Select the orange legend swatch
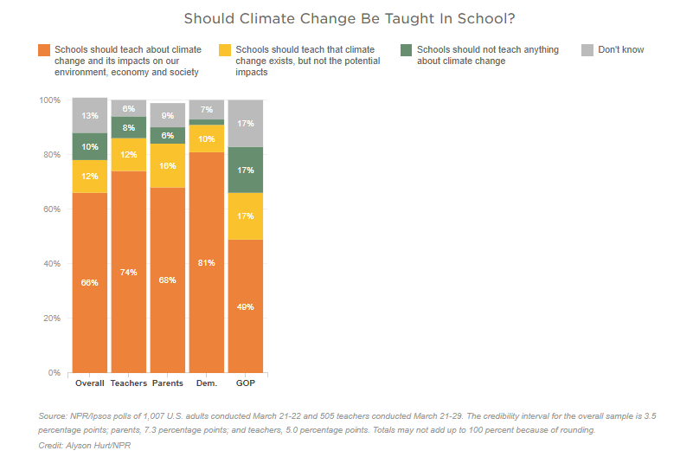[x=44, y=50]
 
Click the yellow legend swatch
[x=226, y=50]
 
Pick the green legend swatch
[x=407, y=50]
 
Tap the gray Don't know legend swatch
[x=588, y=50]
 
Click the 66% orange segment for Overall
[x=90, y=283]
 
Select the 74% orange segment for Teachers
[x=128, y=272]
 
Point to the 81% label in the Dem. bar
[x=206, y=263]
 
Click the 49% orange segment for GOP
[x=245, y=306]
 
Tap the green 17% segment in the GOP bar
[x=245, y=170]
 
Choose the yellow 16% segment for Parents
[x=167, y=165]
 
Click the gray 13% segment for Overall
[x=90, y=115]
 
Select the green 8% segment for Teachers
[x=128, y=127]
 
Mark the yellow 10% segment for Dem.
[x=206, y=138]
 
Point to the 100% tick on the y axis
[x=50, y=100]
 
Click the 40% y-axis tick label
[x=52, y=264]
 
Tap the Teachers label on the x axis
[x=128, y=383]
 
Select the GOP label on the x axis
[x=245, y=383]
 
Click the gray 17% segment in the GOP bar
[x=245, y=124]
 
